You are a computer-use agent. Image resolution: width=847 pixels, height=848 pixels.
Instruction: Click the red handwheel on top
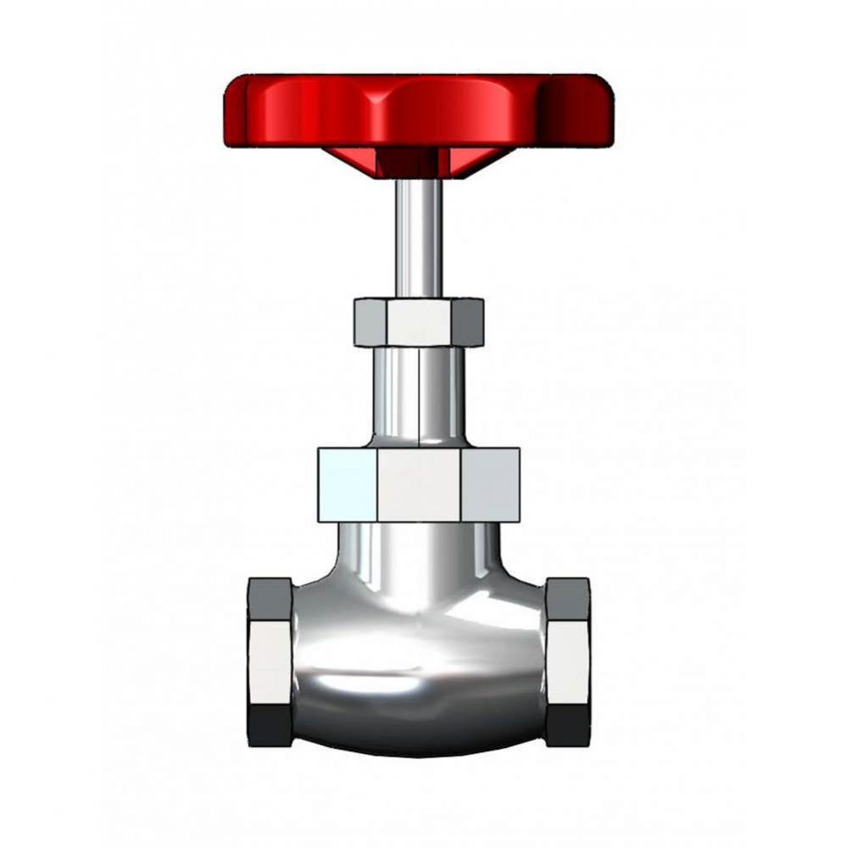[419, 110]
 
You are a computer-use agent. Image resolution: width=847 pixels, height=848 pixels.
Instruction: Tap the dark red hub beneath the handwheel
[406, 164]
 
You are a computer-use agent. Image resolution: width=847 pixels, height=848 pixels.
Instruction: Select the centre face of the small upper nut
[418, 322]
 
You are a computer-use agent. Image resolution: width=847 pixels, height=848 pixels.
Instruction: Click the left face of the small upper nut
[370, 322]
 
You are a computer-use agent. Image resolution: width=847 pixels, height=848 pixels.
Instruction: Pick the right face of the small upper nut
[467, 322]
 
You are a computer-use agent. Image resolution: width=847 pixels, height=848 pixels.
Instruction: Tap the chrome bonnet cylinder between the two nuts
[419, 394]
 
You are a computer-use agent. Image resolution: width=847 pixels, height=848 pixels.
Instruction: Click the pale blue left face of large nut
[348, 484]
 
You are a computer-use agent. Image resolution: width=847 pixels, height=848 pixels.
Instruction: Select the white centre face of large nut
[419, 484]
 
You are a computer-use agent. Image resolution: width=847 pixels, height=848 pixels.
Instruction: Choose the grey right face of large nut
[490, 484]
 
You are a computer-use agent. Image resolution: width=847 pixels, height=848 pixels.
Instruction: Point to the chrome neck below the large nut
[418, 555]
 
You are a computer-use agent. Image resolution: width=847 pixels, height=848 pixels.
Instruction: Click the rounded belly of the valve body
[418, 670]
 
